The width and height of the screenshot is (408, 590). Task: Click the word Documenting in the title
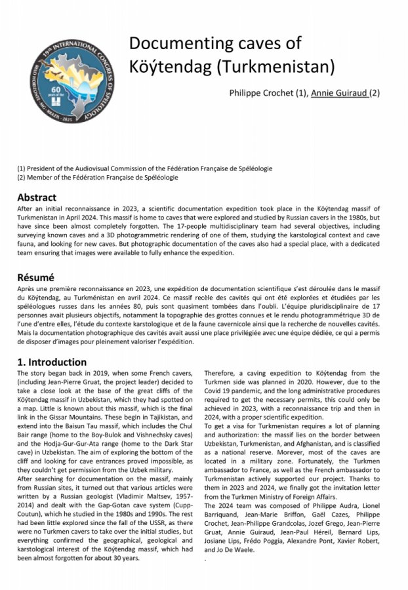tap(178, 43)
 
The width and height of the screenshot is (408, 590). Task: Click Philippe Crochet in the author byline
tap(266, 92)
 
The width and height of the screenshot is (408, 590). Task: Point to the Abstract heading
tap(37, 197)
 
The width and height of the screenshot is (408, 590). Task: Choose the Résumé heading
tap(36, 277)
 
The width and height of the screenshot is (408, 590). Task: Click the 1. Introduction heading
tap(52, 362)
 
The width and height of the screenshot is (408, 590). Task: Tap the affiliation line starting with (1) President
tap(144, 168)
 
